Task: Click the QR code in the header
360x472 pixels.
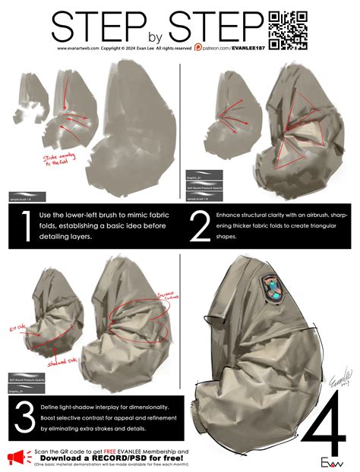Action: [x=289, y=30]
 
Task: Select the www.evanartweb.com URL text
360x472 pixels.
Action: [x=77, y=48]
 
